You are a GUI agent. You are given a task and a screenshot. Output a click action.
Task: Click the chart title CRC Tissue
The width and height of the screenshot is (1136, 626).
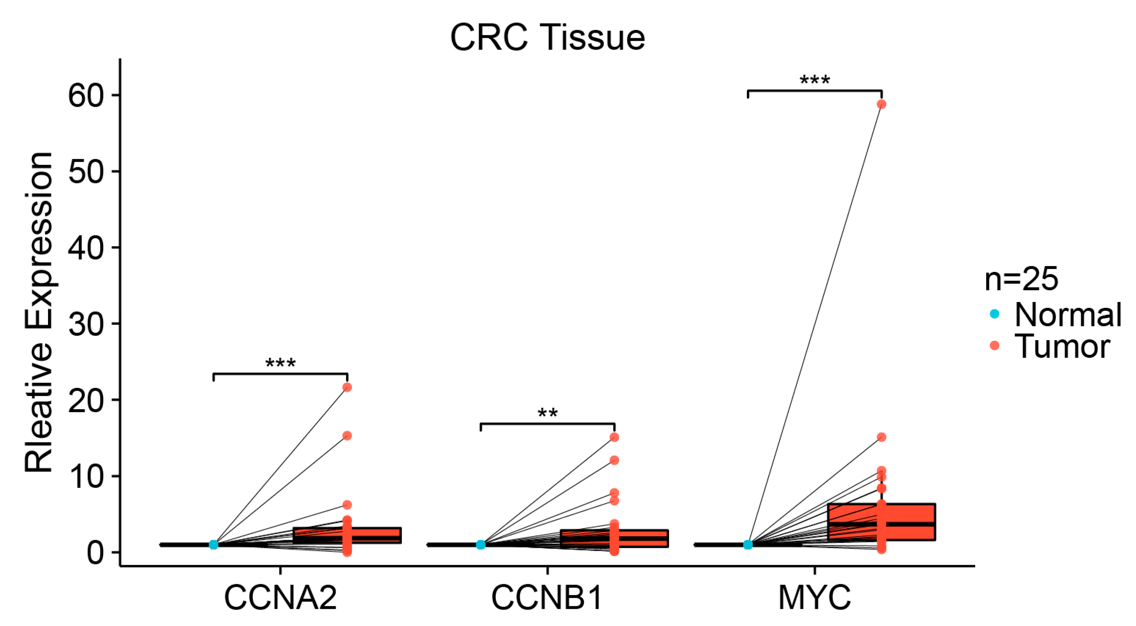(x=547, y=37)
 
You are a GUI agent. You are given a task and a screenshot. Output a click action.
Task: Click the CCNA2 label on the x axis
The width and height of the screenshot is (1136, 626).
(x=280, y=598)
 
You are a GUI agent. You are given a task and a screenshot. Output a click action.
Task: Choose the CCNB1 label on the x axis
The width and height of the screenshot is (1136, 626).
(x=547, y=598)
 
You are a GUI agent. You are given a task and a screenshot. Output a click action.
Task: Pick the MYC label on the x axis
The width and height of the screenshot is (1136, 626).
(x=814, y=598)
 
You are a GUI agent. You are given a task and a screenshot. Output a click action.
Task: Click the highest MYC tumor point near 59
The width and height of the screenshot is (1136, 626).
(x=881, y=105)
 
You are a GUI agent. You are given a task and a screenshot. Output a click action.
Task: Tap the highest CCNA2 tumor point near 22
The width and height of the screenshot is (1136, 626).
(x=347, y=387)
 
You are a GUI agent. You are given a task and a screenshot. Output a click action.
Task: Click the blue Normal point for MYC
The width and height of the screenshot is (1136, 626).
(x=748, y=545)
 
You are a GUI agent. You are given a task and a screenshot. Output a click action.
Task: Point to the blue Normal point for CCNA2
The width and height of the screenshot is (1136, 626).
(x=214, y=545)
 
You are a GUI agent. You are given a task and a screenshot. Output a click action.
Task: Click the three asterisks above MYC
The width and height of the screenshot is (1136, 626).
(x=814, y=81)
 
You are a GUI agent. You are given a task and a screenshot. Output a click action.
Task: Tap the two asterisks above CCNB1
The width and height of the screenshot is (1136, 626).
(x=547, y=414)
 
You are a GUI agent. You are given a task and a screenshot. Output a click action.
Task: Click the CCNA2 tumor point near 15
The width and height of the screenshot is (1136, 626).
(x=347, y=436)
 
